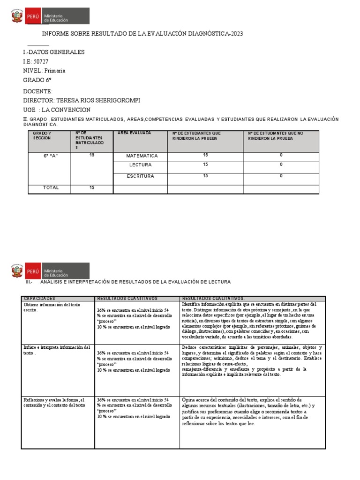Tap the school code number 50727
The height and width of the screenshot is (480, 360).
click(x=40, y=61)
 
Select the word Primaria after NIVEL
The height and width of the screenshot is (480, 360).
click(x=55, y=71)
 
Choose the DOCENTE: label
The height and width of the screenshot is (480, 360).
click(x=38, y=91)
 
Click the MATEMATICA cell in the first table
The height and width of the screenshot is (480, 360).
click(x=142, y=156)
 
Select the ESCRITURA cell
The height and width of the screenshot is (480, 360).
click(x=141, y=176)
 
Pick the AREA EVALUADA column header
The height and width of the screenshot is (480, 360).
click(x=135, y=134)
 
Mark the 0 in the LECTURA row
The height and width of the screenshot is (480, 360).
click(x=281, y=165)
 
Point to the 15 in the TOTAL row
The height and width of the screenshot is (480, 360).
click(x=92, y=187)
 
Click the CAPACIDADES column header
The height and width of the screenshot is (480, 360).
click(x=39, y=298)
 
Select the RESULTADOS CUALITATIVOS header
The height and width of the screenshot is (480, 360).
click(x=213, y=298)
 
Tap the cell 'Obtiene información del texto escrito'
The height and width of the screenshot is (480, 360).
click(x=52, y=307)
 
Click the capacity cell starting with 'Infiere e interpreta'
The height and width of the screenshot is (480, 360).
click(x=56, y=350)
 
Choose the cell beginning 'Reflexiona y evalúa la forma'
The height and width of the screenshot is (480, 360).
click(x=54, y=402)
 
